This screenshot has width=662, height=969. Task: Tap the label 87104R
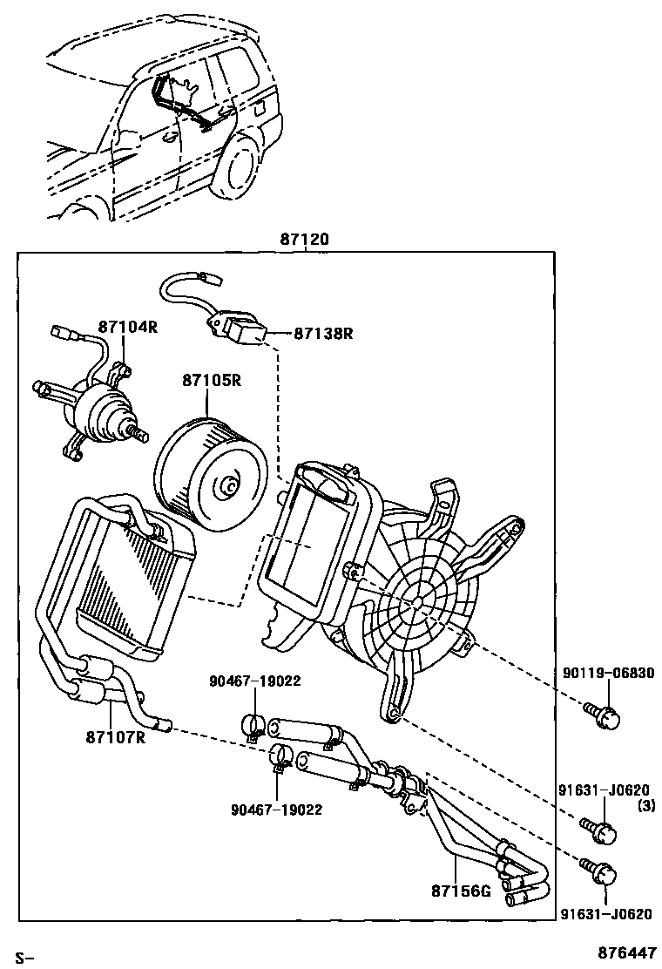(127, 327)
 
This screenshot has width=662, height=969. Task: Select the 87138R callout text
(322, 333)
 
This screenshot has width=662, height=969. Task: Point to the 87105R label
(211, 381)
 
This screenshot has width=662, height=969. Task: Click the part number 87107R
(114, 737)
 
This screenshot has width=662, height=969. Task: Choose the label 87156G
(460, 891)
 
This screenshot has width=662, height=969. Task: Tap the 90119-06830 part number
(608, 673)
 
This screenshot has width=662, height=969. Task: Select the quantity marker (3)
(645, 806)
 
